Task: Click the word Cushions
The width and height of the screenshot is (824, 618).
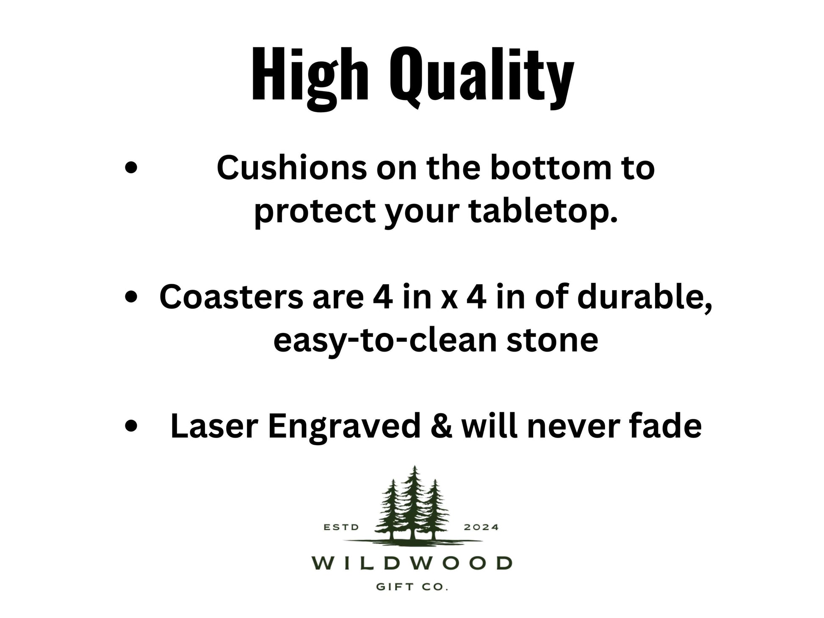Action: pyautogui.click(x=292, y=168)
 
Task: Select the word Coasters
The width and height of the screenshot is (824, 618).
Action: pyautogui.click(x=231, y=297)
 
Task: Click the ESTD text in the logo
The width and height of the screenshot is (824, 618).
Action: pyautogui.click(x=341, y=527)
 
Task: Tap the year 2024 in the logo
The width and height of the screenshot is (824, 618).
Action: pyautogui.click(x=481, y=527)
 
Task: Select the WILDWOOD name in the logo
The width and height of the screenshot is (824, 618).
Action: pyautogui.click(x=412, y=563)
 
